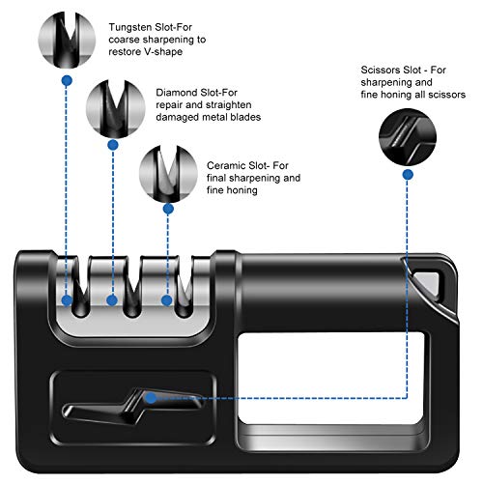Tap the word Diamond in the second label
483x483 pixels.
pos(177,93)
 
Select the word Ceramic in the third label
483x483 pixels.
pos(227,165)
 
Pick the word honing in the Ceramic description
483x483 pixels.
pos(243,190)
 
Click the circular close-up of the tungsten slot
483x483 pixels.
pos(67,40)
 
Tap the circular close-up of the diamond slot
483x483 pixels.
pos(115,109)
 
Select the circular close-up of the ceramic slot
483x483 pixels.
pos(168,174)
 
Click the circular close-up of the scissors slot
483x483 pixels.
pos(408,137)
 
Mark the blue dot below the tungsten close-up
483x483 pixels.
pos(67,80)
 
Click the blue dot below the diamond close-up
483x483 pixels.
pos(113,145)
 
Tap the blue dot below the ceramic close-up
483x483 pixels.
pos(168,209)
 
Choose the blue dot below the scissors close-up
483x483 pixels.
pos(408,175)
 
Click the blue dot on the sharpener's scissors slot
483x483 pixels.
pos(151,398)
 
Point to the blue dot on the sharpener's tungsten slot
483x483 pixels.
pos(67,300)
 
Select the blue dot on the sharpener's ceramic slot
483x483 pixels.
pos(166,300)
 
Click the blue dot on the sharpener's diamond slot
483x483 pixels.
pos(112,300)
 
